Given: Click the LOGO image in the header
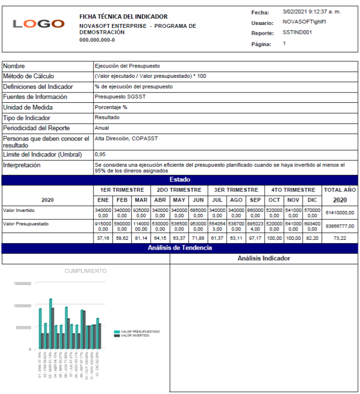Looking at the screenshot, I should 39,24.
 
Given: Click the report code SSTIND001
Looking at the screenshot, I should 297,33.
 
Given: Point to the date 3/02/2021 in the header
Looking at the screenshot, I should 293,12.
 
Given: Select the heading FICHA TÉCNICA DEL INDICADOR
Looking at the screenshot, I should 123,17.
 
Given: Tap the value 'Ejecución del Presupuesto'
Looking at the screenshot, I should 127,66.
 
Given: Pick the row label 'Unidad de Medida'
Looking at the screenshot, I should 28,107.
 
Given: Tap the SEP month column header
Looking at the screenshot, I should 255,200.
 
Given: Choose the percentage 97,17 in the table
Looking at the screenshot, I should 255,238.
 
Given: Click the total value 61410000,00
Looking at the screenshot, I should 339,213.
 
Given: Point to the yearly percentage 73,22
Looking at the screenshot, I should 339,238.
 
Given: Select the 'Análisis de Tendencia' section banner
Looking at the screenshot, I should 180,248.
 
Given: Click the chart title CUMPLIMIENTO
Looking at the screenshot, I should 86,271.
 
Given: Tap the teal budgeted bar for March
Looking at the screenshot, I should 50,323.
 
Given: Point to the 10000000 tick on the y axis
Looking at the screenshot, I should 23,305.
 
